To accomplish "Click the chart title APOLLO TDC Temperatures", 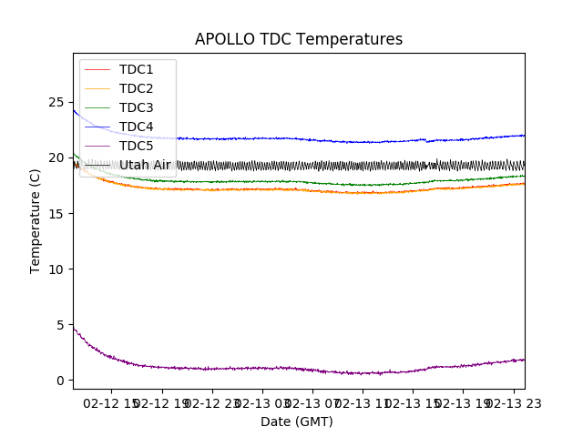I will click(299, 40).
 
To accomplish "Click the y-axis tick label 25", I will click(56, 102).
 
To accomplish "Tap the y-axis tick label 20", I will click(56, 158).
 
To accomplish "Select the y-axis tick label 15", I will click(56, 213).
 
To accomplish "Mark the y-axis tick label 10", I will click(56, 269).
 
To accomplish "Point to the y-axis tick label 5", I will click(60, 325).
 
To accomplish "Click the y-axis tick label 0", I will click(60, 381).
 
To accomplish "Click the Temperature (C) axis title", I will click(36, 220).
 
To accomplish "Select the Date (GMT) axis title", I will click(297, 422).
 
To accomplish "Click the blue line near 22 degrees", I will click(273, 138).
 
